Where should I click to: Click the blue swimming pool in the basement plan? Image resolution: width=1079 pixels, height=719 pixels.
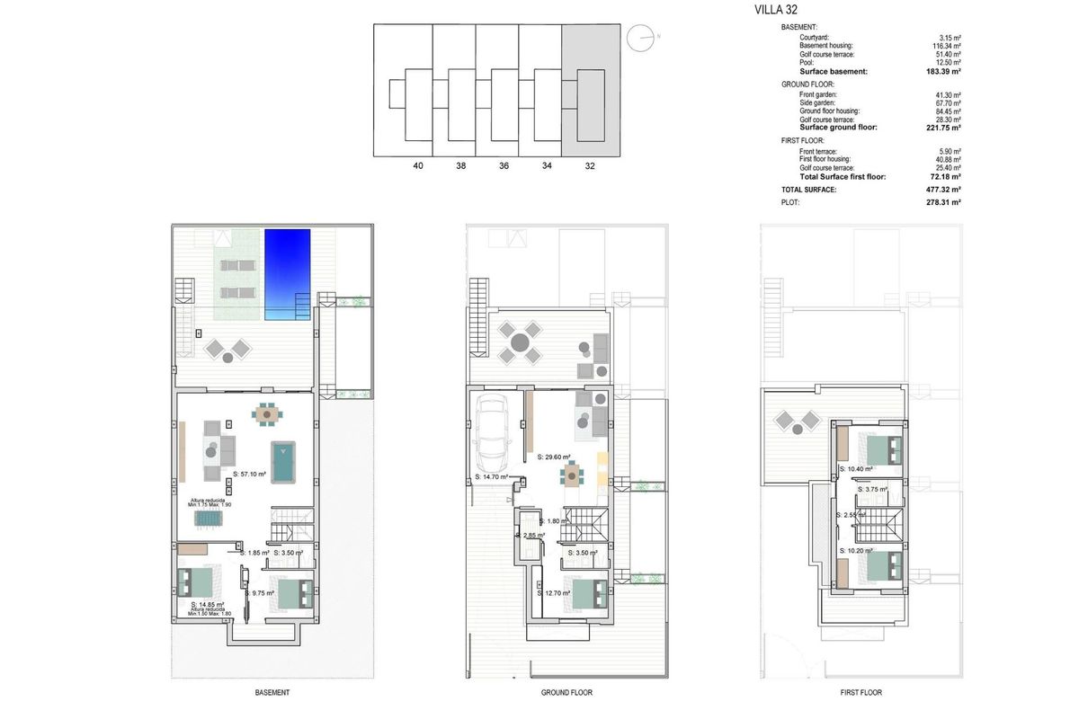pyautogui.click(x=288, y=270)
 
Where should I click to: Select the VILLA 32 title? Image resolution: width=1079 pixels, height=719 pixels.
pyautogui.click(x=776, y=12)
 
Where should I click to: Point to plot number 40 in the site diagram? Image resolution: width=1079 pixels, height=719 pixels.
pyautogui.click(x=417, y=165)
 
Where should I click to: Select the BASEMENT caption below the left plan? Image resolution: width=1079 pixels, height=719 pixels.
pyautogui.click(x=272, y=693)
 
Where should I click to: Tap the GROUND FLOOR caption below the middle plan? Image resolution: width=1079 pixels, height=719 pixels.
pyautogui.click(x=566, y=693)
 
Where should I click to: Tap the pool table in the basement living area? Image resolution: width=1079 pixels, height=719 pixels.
pyautogui.click(x=284, y=461)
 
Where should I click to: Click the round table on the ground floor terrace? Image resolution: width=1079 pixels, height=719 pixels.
pyautogui.click(x=520, y=342)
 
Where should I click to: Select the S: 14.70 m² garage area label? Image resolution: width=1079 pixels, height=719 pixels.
pyautogui.click(x=491, y=477)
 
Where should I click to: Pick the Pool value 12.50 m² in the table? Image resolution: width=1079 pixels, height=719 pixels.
pyautogui.click(x=947, y=63)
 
